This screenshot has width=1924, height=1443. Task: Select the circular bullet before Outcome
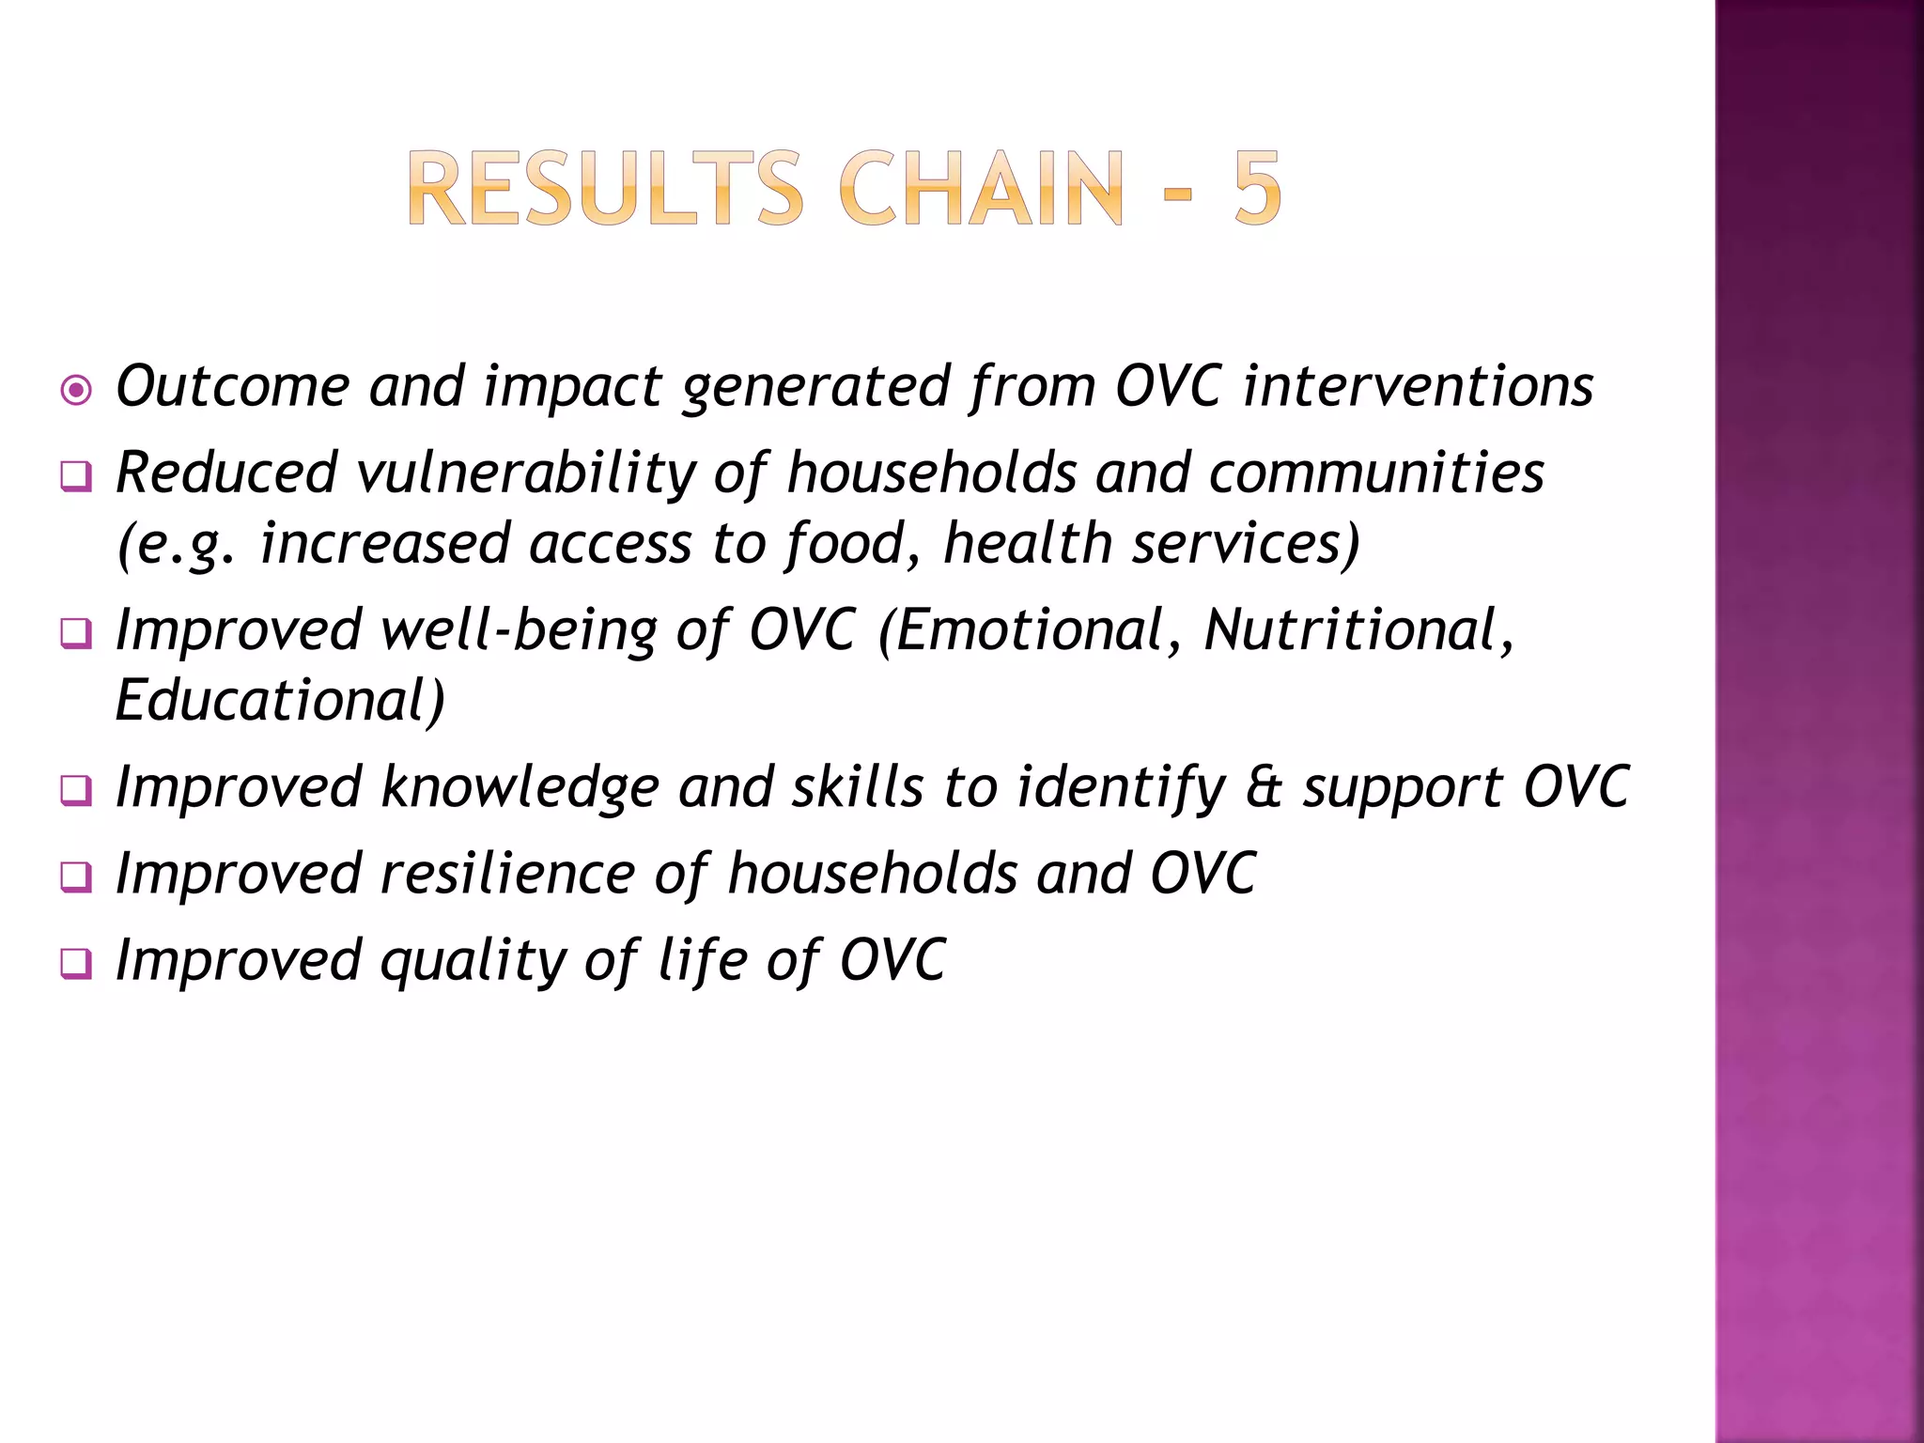point(76,390)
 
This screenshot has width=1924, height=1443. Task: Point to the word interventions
point(1419,386)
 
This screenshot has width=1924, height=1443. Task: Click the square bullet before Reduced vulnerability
point(76,476)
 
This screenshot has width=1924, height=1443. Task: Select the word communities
point(1376,473)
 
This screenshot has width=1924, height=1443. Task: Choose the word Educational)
point(279,701)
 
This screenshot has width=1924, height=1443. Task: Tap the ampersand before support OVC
point(1264,787)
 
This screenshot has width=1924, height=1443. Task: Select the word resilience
point(507,874)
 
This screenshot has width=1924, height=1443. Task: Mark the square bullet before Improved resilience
point(76,877)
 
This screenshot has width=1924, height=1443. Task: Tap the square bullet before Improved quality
point(76,965)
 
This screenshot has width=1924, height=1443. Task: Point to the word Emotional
point(1029,630)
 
